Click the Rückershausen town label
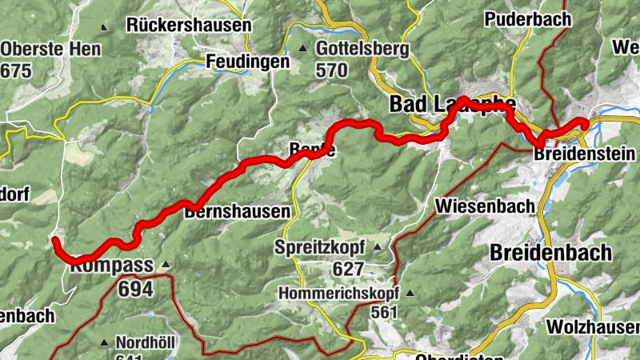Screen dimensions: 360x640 189,26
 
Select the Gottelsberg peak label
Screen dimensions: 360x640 362,50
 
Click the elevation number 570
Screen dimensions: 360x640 332,70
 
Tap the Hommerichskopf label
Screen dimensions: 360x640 338,293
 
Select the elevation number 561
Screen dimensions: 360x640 384,312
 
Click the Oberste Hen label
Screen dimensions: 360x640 51,50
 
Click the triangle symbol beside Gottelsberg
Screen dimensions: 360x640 303,50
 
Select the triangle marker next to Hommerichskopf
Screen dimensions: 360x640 410,293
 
